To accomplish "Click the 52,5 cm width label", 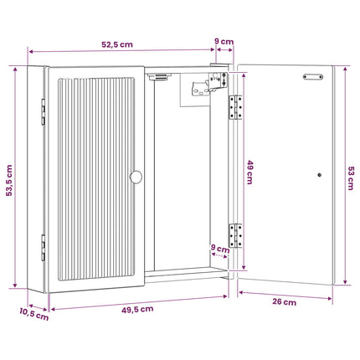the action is click(117, 44).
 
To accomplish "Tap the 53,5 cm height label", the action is click(9, 180).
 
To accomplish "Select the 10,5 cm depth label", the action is click(34, 314).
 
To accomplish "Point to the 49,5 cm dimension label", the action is click(137, 310).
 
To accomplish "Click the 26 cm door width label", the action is click(285, 302).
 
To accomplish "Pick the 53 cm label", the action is click(351, 178).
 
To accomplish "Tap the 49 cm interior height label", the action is click(249, 172).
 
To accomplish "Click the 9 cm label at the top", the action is click(224, 41).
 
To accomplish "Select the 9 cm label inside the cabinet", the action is click(220, 248).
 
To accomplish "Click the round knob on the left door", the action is click(136, 177).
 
